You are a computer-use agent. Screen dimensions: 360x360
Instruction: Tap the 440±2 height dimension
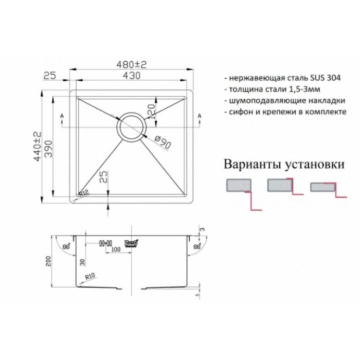point(37,146)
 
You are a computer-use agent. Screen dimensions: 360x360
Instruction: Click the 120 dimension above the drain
point(152,110)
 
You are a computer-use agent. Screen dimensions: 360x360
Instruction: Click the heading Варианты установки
point(284,165)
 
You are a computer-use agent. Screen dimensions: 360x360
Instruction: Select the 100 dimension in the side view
point(116,249)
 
